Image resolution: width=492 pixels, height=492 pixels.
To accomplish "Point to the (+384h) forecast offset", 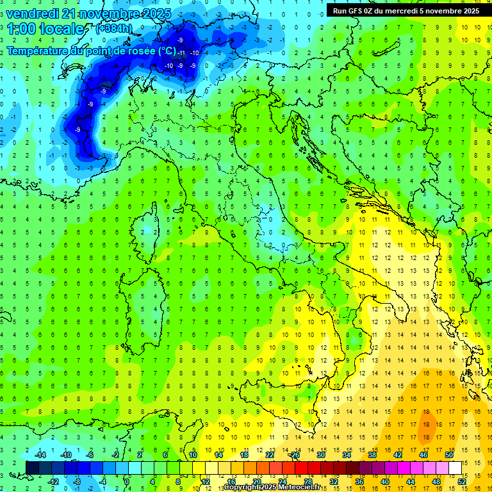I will [115, 29].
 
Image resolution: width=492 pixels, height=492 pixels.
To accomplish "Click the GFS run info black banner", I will [406, 10].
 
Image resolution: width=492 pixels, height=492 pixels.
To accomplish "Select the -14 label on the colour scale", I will [39, 455].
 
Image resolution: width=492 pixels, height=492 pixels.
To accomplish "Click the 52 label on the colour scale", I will [462, 481].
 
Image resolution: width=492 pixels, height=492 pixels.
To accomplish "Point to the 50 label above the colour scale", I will [449, 455].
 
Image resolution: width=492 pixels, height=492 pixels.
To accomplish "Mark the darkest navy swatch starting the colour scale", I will [33, 468].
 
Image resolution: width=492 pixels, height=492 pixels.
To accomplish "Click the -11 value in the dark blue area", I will [181, 53].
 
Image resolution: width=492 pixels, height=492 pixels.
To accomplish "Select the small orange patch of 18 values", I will [427, 424].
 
